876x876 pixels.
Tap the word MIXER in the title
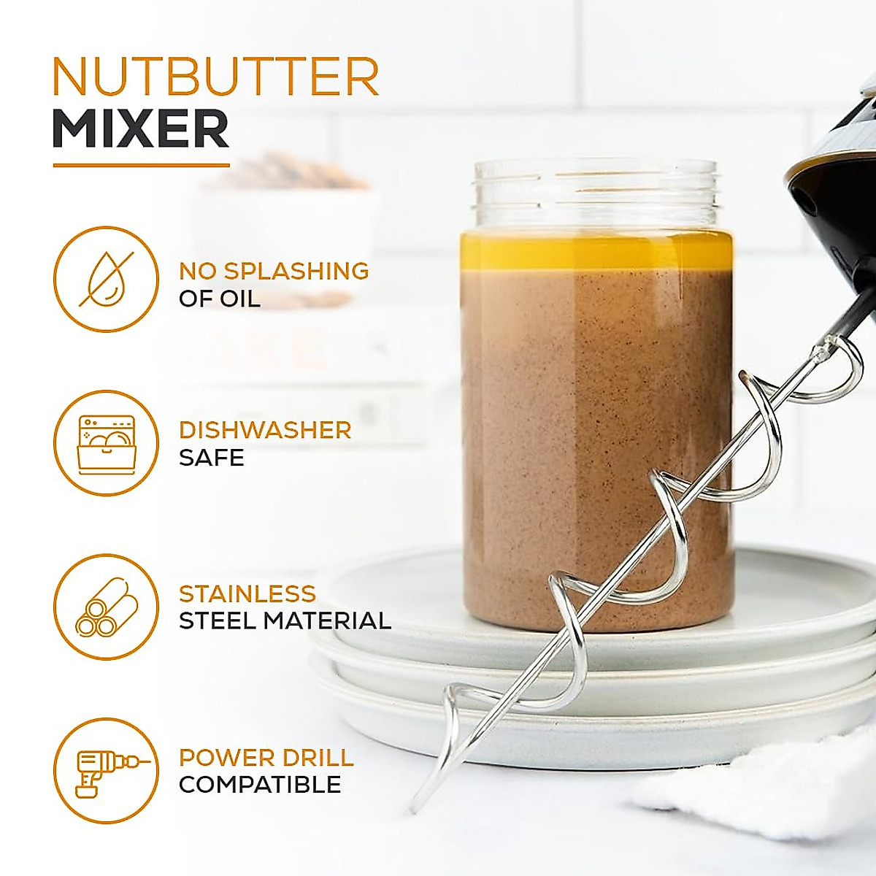click(141, 130)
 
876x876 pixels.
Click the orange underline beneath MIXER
click(141, 165)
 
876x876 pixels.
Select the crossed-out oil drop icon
click(106, 280)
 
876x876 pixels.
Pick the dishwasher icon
click(106, 443)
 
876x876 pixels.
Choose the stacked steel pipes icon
click(106, 607)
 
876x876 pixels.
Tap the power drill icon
click(106, 771)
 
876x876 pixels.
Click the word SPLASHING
click(295, 271)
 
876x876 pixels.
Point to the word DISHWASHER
click(265, 430)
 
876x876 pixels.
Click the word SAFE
click(211, 458)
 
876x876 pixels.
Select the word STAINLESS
click(247, 593)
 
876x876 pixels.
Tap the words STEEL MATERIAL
click(285, 621)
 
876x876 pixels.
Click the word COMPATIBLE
click(260, 785)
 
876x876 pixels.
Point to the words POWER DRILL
click(266, 757)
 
